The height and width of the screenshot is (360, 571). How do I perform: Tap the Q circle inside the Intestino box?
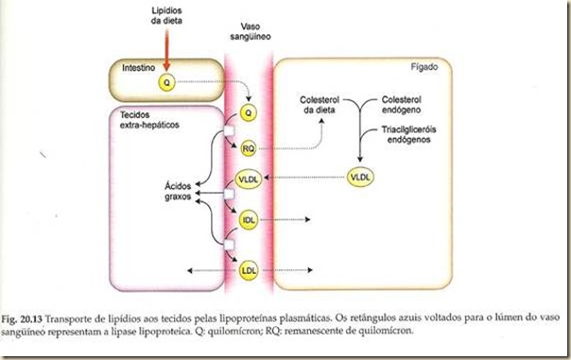[167, 82]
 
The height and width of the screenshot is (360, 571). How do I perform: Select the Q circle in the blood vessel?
[249, 112]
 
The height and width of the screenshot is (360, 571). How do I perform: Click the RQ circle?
[249, 148]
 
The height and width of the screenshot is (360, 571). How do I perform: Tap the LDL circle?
[249, 270]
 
